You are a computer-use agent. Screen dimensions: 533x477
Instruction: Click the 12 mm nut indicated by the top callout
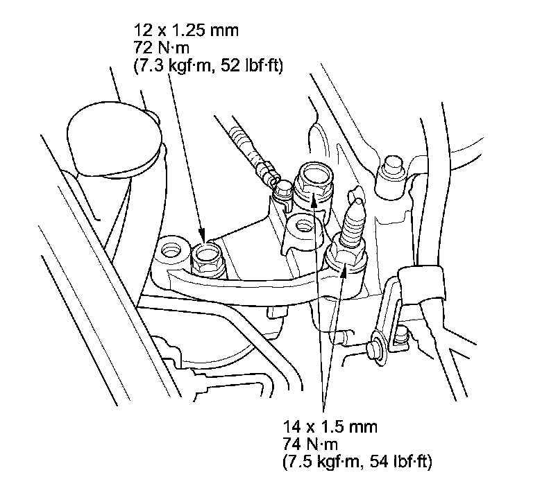[x=206, y=259]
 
